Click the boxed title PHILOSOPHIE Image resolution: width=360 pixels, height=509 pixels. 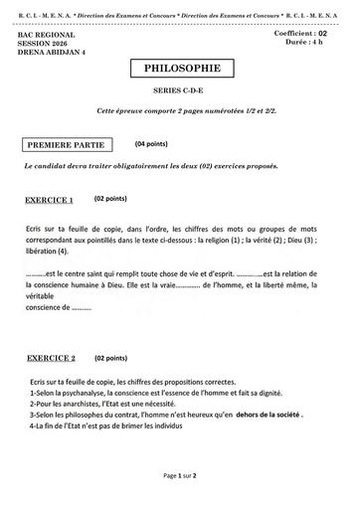click(182, 70)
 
